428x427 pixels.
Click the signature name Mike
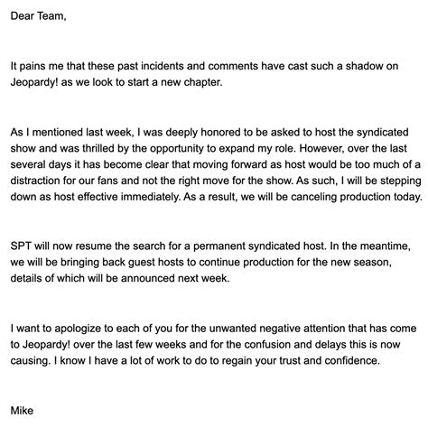[x=24, y=409]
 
